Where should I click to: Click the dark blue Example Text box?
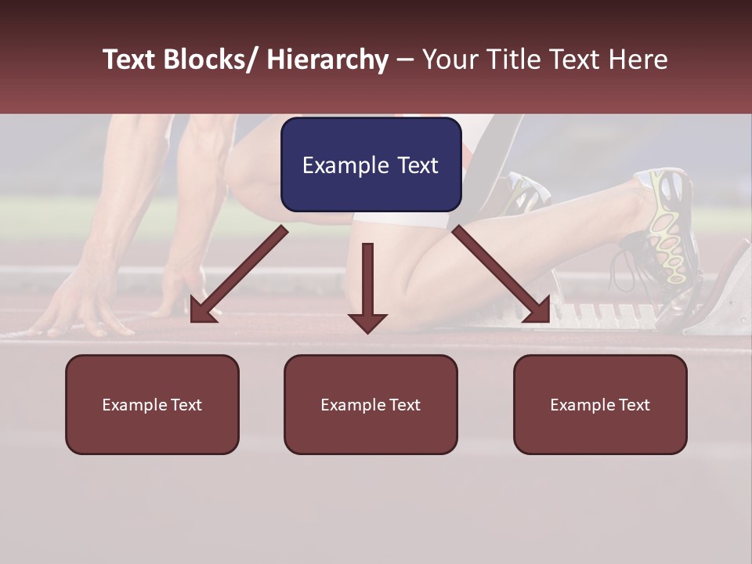coord(371,164)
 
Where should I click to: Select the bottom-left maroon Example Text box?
coord(152,404)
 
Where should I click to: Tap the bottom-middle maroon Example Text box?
coord(371,404)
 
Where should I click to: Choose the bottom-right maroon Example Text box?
coord(600,404)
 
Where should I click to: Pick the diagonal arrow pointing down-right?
coord(502,275)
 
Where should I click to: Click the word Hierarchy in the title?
coord(327,60)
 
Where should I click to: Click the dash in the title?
coord(405,60)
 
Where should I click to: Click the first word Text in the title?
coord(128,60)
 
